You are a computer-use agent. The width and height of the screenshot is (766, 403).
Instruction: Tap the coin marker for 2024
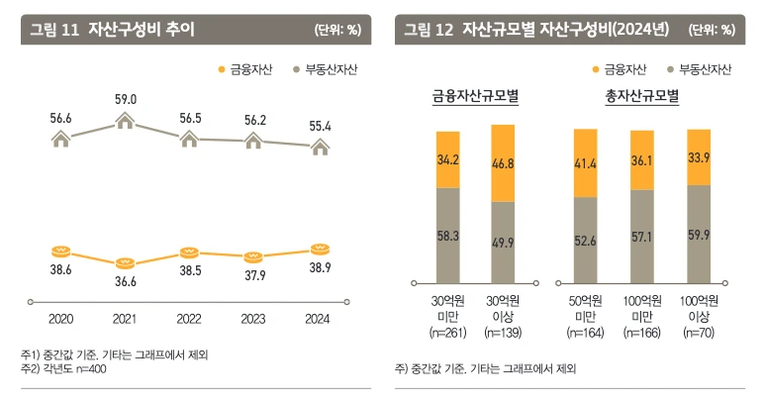pos(319,250)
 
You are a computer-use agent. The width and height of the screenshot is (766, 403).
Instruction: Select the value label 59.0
pos(126,99)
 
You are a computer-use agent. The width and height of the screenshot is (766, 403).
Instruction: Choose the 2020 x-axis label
pos(61,320)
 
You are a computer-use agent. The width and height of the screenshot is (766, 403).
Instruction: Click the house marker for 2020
pos(61,141)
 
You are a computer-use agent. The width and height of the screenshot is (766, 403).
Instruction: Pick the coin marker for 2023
pos(253,257)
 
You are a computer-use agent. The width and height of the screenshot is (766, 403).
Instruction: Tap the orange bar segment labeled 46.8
pos(503,162)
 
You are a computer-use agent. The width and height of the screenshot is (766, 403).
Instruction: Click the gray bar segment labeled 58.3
pos(446,235)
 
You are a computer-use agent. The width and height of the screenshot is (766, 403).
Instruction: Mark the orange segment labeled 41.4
pos(585,162)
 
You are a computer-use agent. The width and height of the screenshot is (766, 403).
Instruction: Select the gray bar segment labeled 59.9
pos(699,234)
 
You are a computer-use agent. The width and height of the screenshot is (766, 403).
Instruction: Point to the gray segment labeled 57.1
pos(642,236)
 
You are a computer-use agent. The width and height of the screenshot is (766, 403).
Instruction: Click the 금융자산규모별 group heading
pos(476,98)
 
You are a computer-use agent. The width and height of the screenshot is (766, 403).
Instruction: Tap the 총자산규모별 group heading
pos(641,98)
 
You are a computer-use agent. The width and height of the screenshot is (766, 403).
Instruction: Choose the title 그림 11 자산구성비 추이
pos(112,29)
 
